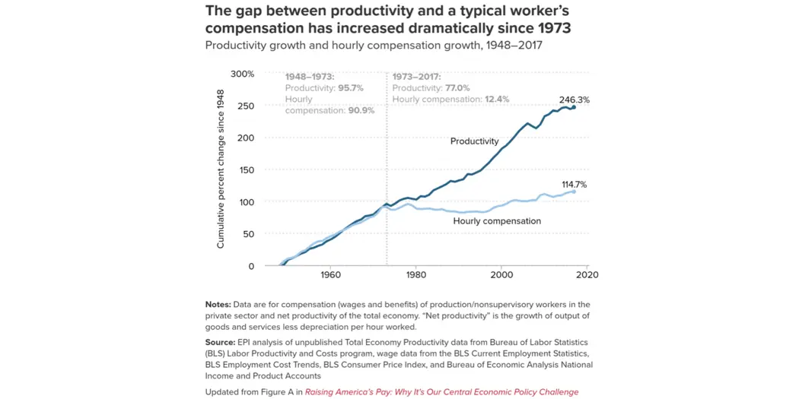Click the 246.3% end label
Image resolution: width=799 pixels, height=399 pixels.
click(574, 100)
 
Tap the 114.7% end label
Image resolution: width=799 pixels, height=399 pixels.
click(574, 185)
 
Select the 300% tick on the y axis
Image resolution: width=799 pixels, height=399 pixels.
click(242, 74)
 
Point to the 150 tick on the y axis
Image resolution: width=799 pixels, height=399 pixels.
click(246, 170)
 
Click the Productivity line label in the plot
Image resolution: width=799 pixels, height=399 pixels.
click(474, 141)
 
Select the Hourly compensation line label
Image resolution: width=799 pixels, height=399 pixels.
click(497, 221)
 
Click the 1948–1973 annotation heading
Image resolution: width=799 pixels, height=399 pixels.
click(310, 78)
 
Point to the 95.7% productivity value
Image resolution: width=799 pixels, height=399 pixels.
click(350, 88)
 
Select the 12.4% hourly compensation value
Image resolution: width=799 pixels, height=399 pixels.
click(495, 100)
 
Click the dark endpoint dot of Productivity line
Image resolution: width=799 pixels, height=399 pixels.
click(574, 108)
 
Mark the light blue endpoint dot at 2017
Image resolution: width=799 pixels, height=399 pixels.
click(574, 192)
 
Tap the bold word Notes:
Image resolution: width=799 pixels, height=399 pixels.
click(218, 305)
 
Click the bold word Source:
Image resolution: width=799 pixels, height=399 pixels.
click(220, 343)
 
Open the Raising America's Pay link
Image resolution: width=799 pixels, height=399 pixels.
click(441, 392)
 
